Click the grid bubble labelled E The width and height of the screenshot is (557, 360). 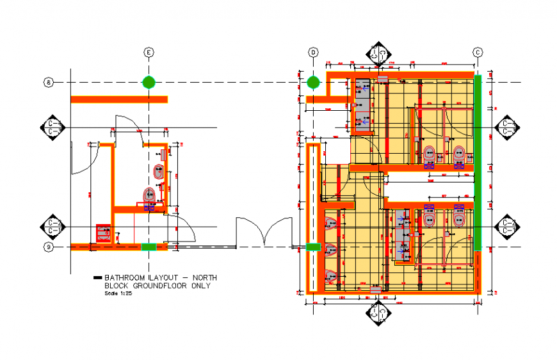[x=149, y=52]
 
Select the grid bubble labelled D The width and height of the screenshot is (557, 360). [x=313, y=52]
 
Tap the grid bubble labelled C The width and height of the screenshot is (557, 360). [x=478, y=52]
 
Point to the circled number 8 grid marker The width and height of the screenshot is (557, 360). [x=48, y=82]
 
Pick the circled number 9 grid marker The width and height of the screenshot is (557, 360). [x=48, y=247]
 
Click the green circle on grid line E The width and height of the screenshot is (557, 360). [x=149, y=82]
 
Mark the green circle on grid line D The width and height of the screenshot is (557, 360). [x=313, y=82]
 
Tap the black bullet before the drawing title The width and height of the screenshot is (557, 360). [x=97, y=277]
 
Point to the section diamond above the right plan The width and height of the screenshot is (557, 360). [x=377, y=55]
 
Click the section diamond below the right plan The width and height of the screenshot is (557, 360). [x=377, y=313]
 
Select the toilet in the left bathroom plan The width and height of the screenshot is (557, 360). [x=150, y=196]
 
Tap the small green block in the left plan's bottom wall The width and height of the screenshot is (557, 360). [x=149, y=247]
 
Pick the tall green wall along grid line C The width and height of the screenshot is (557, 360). [x=478, y=163]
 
